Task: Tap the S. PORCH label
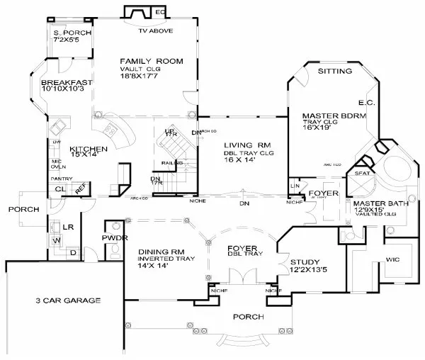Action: click(x=69, y=33)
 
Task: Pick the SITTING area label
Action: click(x=334, y=72)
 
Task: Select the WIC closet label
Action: click(x=393, y=260)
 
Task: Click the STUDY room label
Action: click(x=305, y=261)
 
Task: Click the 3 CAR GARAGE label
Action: click(x=69, y=300)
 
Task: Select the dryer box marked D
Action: click(x=73, y=251)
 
